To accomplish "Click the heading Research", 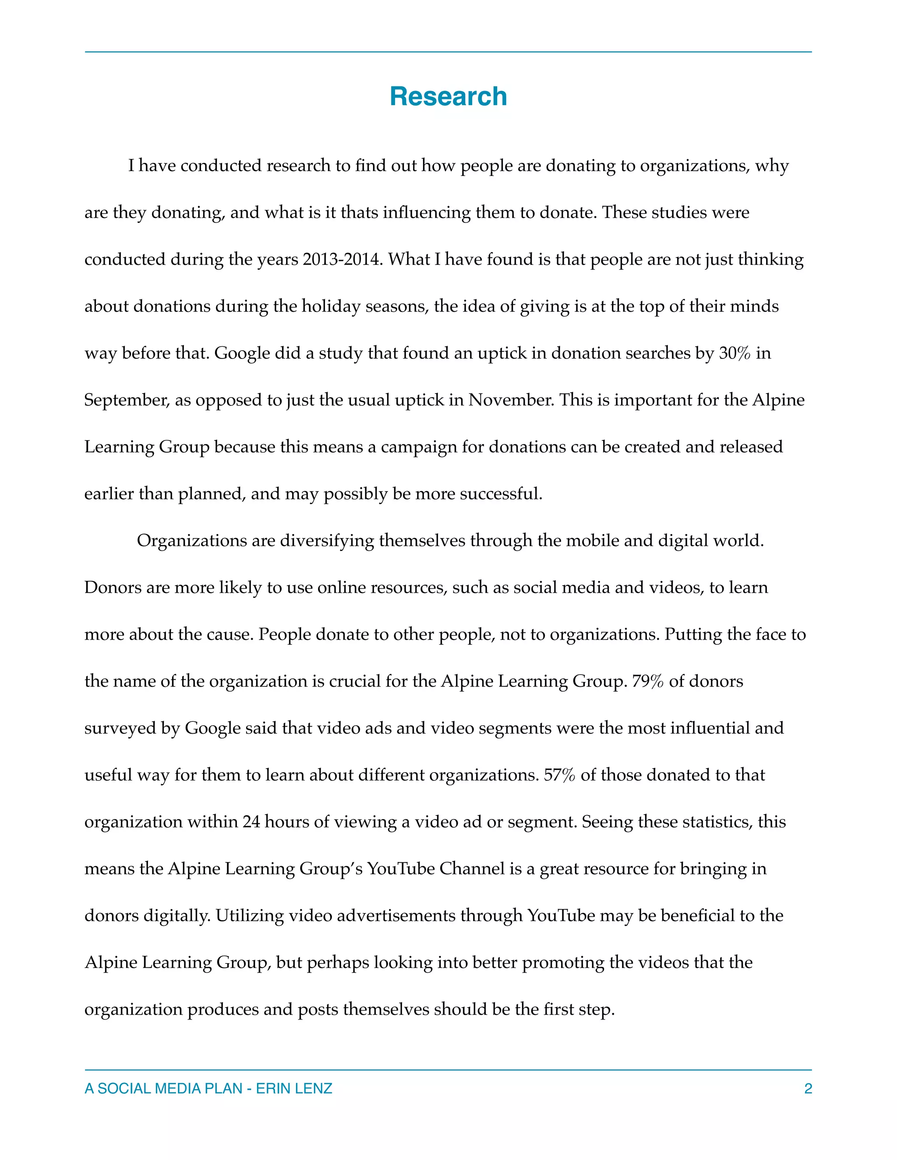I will point(448,97).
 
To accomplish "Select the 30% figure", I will point(735,353).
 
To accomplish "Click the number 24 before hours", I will point(251,822).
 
